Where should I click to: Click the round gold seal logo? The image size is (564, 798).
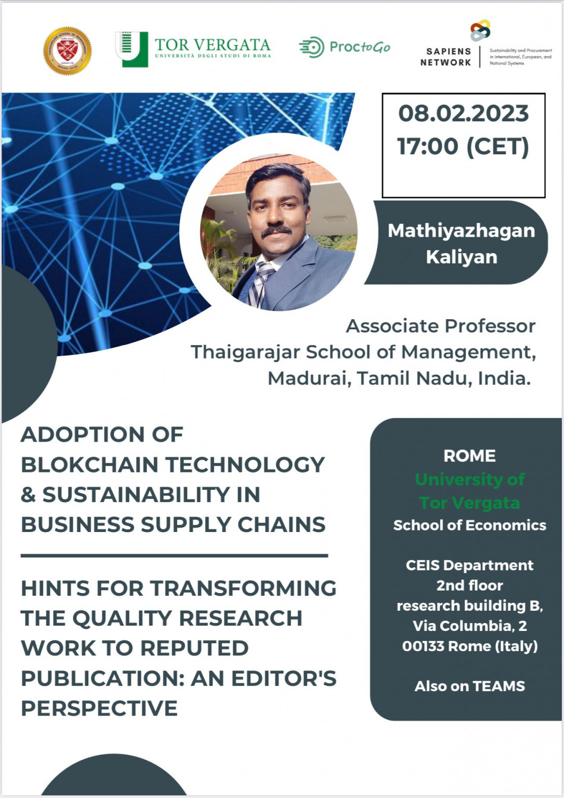(x=68, y=51)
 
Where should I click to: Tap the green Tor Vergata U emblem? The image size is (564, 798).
(x=131, y=49)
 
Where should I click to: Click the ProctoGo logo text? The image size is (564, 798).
(x=359, y=47)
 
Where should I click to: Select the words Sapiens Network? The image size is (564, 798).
(x=446, y=57)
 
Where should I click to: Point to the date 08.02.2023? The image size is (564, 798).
(x=464, y=113)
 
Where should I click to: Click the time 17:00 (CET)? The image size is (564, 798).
(x=464, y=146)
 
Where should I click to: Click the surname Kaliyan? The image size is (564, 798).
(x=461, y=257)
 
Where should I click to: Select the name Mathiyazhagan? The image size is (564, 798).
(x=461, y=230)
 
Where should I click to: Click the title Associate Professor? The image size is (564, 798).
(x=441, y=326)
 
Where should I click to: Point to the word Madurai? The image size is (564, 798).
(x=308, y=378)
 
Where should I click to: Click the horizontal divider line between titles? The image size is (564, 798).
(x=174, y=555)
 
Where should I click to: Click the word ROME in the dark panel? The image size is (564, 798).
(x=469, y=456)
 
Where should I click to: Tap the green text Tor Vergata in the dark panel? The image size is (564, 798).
(x=469, y=502)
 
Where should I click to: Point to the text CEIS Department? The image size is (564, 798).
(x=469, y=565)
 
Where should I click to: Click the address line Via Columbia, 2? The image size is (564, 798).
(x=469, y=626)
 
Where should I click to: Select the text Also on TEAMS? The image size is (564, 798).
(x=469, y=686)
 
